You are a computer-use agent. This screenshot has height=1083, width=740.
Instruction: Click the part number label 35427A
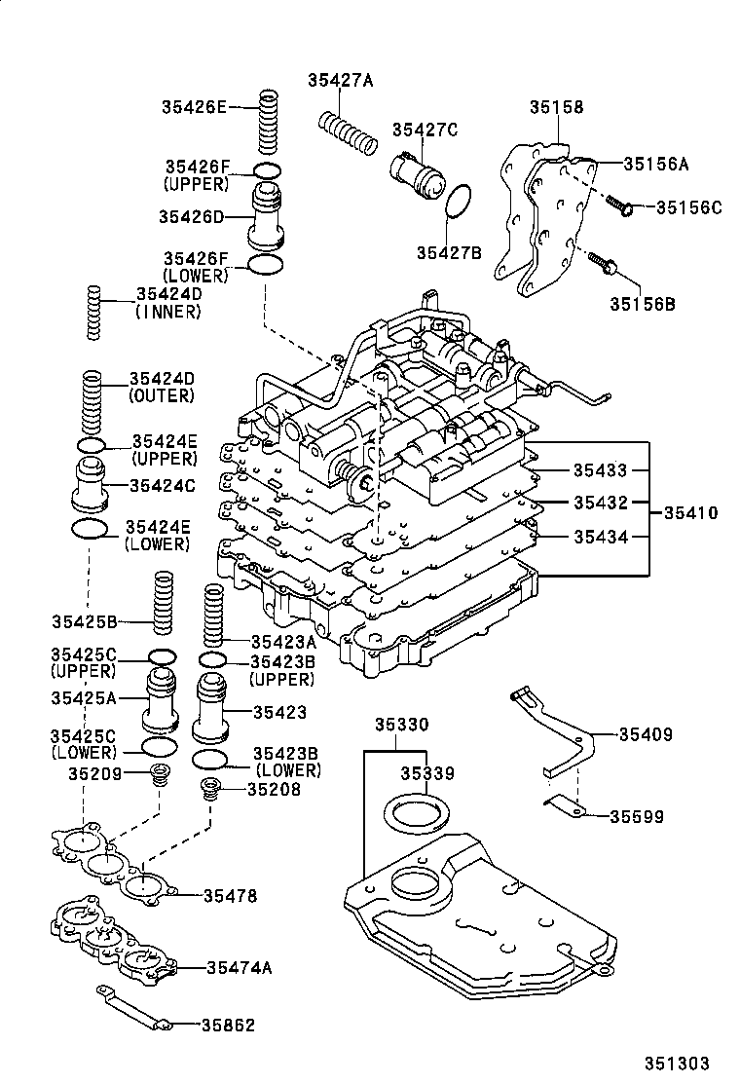point(340,81)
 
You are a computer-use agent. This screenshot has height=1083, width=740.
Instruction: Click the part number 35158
point(557,107)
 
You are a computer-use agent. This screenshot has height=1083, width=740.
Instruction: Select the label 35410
point(691,512)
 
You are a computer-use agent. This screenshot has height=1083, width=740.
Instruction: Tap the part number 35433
point(600,470)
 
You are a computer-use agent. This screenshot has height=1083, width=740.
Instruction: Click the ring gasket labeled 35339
point(420,811)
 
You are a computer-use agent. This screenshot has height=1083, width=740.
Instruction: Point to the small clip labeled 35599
point(565,804)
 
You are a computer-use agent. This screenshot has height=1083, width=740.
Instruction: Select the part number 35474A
point(239,967)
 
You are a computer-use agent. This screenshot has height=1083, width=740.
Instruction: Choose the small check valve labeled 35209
point(159,776)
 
